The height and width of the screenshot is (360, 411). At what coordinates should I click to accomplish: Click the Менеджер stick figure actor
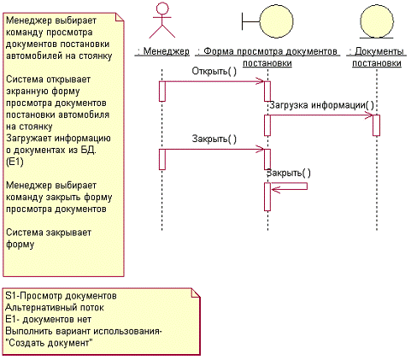tap(162, 21)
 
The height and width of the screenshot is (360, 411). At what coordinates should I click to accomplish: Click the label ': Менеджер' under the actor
tap(163, 51)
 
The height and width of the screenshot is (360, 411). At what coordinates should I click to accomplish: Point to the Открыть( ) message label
tap(214, 71)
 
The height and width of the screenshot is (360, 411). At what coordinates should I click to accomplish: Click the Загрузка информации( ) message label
tap(321, 105)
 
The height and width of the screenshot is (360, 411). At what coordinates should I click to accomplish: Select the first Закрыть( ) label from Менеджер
tap(214, 139)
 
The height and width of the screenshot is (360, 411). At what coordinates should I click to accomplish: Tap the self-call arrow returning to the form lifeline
tap(289, 186)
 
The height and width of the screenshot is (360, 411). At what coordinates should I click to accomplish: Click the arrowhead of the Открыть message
tap(260, 81)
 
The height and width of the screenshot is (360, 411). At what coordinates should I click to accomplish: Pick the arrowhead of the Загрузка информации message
tap(368, 115)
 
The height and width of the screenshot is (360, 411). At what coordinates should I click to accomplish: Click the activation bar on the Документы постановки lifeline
tap(377, 125)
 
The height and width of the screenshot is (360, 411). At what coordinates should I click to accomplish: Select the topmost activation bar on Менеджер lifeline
tap(162, 91)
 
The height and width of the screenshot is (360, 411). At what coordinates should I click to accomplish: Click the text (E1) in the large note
tap(15, 162)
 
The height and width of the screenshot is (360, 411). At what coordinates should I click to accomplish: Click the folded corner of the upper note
tap(120, 17)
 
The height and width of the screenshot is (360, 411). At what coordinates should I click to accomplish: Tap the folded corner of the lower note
tap(196, 292)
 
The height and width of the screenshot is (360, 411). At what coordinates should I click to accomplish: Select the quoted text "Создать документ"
tap(49, 343)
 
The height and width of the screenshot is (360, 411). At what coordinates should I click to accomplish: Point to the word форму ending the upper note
tap(21, 245)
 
